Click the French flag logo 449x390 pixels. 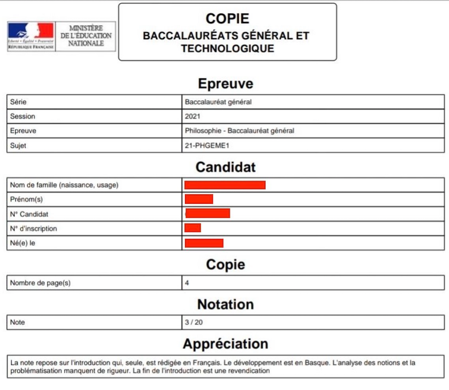(x=31, y=31)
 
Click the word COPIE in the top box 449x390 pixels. (x=227, y=19)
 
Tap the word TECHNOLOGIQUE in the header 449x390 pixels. (x=227, y=49)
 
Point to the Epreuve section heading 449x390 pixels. (x=225, y=83)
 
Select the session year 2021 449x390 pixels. (x=192, y=117)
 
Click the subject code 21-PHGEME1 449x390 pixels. (x=207, y=146)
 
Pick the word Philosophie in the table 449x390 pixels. (x=203, y=131)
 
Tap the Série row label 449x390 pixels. (x=18, y=102)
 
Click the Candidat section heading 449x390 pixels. (x=225, y=167)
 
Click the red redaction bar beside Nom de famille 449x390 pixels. (x=225, y=185)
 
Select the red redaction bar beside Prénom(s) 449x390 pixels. (x=199, y=199)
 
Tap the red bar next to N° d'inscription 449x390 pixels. (x=193, y=228)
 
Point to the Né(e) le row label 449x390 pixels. (x=22, y=243)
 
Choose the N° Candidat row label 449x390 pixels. (x=29, y=214)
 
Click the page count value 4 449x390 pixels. (x=187, y=283)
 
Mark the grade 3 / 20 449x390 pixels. (x=193, y=322)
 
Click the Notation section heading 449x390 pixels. (x=225, y=304)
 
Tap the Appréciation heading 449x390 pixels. (x=225, y=344)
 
